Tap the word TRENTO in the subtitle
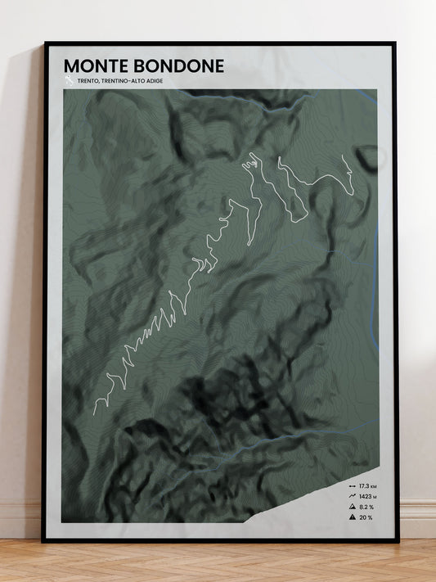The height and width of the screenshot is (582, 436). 89,81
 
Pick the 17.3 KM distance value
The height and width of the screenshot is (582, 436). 366,486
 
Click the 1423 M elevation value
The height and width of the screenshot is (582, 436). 366,496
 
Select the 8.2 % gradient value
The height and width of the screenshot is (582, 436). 366,507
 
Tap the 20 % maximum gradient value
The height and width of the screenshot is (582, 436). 364,517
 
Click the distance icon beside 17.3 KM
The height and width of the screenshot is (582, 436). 352,486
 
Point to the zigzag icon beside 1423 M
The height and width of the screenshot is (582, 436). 352,496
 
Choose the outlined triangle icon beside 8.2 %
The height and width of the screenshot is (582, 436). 352,507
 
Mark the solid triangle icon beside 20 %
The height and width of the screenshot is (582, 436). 352,517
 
